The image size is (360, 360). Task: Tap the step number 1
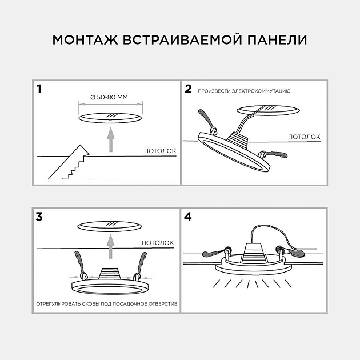point(39,89)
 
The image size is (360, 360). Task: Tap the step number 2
point(188,89)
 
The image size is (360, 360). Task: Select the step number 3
point(39,217)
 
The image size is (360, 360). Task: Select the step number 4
point(189,217)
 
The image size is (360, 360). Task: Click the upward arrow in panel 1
point(111,140)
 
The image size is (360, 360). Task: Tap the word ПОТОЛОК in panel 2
point(303,137)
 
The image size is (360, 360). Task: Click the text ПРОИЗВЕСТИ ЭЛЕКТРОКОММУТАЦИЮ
point(245,91)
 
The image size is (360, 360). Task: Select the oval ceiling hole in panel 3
point(109,225)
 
